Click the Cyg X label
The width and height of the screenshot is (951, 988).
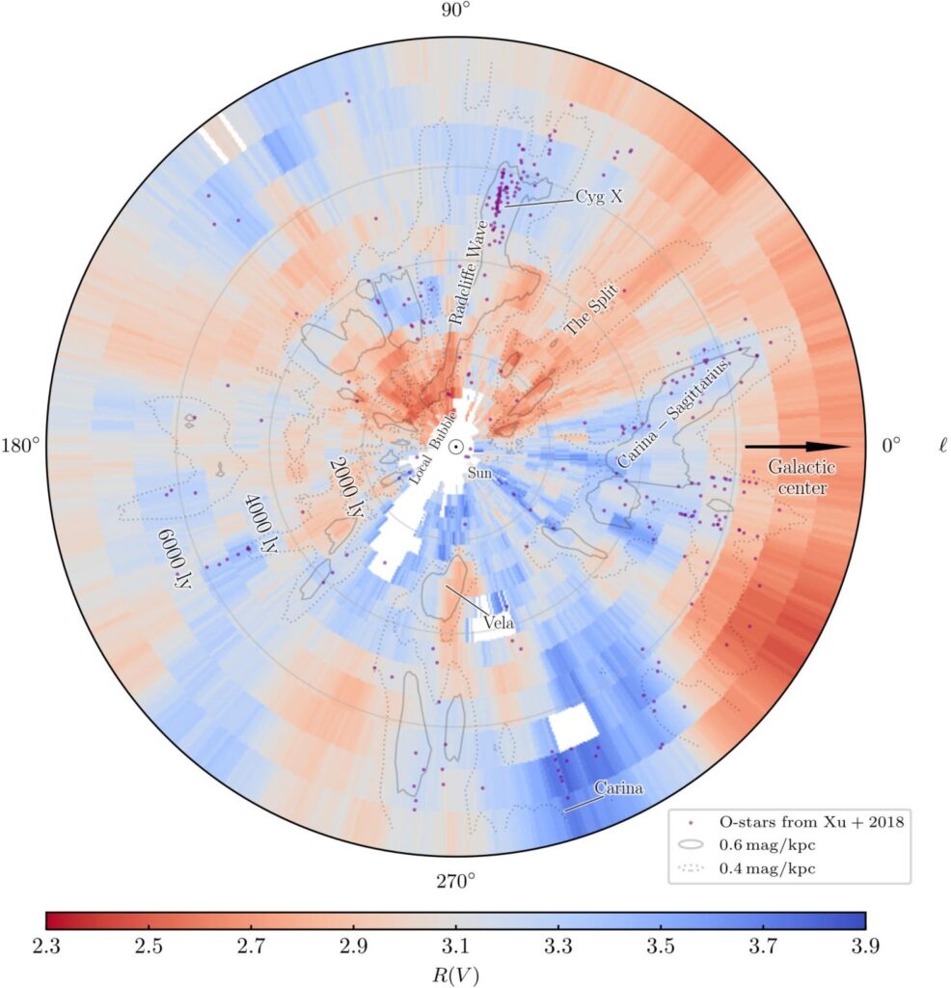tap(599, 196)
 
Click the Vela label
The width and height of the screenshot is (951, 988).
tap(498, 621)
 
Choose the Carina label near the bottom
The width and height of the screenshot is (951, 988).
tap(618, 789)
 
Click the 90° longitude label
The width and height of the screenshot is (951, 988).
tap(456, 11)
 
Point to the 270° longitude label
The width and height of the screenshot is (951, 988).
tap(456, 881)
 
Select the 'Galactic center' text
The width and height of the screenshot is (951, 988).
tap(802, 478)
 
